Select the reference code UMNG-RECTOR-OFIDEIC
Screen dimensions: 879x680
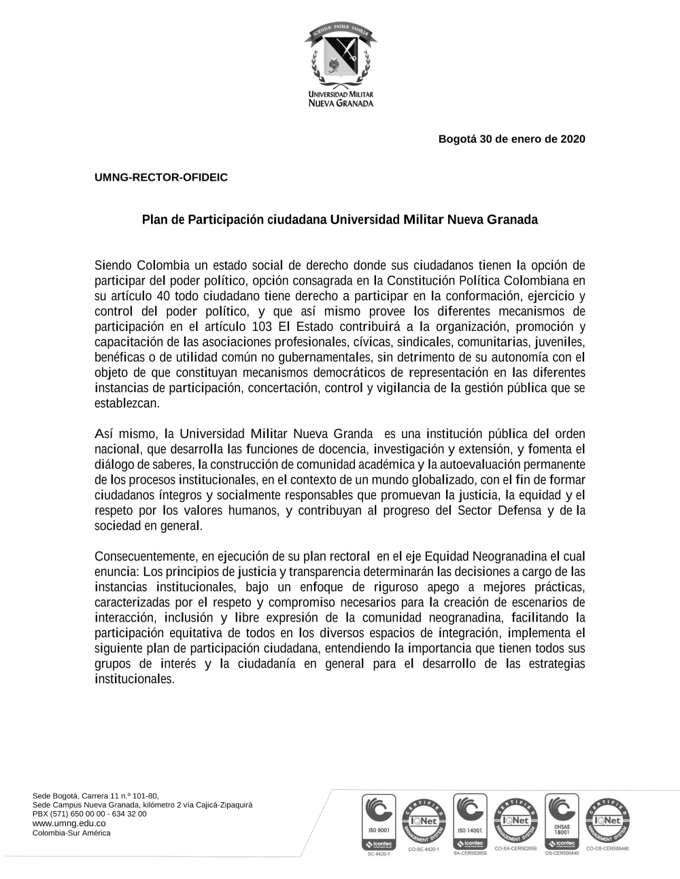[161, 177]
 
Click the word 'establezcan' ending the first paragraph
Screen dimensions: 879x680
[126, 403]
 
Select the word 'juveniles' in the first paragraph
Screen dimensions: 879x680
[560, 342]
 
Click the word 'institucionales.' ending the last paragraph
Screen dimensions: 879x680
[135, 679]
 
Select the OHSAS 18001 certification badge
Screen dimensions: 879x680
[562, 822]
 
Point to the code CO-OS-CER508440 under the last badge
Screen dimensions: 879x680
[607, 849]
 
